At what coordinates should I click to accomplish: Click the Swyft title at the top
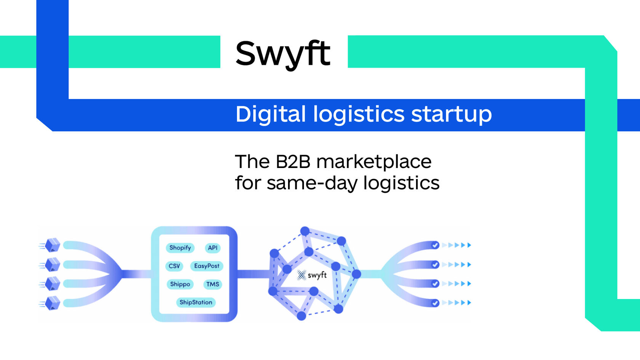coord(283,53)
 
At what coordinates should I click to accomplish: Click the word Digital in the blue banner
coord(270,114)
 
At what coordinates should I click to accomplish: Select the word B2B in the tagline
coord(293,162)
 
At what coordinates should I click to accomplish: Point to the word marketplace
coord(374,162)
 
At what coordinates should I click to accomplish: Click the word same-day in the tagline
coord(312,183)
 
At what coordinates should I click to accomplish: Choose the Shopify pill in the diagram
coord(180,248)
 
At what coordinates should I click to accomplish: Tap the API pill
coord(213,248)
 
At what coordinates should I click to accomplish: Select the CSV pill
coord(174,266)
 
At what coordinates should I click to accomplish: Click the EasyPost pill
coord(206,266)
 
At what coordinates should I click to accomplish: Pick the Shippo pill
coord(180,284)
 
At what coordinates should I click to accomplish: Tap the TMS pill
coord(213,284)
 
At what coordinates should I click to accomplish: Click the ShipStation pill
coord(196,302)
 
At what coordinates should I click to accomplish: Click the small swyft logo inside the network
coord(312,275)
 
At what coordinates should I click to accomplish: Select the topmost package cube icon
coord(52,245)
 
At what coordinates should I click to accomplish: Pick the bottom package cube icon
coord(52,303)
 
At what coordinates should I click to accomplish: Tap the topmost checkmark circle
coord(435,245)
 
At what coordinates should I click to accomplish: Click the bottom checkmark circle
coord(435,303)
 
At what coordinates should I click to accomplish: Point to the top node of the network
coord(305,231)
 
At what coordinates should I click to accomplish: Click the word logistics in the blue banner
coord(358,114)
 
